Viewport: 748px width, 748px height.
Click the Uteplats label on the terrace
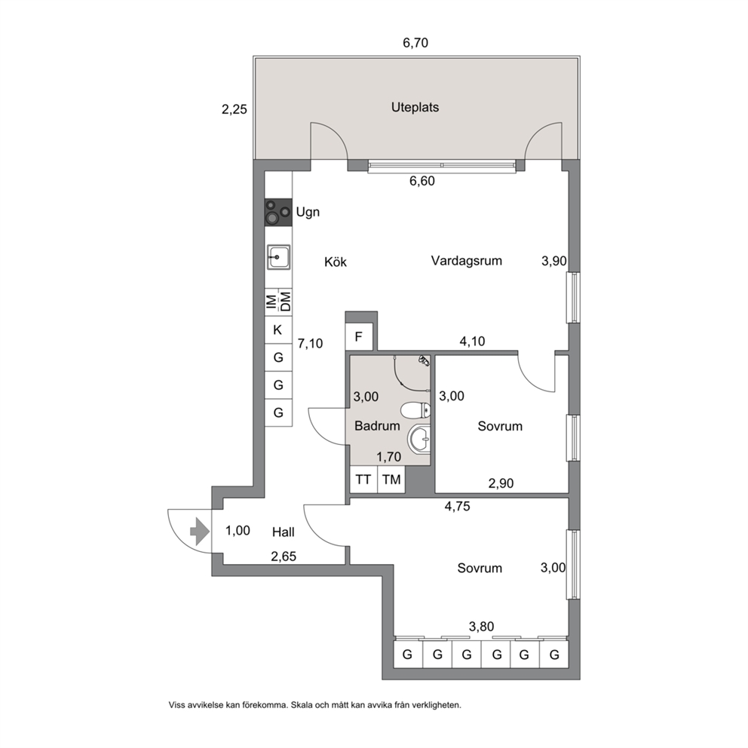(415, 107)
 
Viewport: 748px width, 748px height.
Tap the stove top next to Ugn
(278, 213)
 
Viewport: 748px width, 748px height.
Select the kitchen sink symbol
(278, 257)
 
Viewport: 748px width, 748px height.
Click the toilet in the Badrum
(415, 409)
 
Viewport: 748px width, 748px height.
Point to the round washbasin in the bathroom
(419, 438)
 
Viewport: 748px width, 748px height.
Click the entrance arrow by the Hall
(199, 532)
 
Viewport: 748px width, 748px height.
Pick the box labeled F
(359, 337)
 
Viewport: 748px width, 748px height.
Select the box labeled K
(277, 330)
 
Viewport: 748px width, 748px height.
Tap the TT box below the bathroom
(363, 480)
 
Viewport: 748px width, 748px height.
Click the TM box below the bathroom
(391, 480)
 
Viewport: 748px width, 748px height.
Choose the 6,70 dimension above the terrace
(415, 43)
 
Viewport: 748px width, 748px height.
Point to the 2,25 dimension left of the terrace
(235, 110)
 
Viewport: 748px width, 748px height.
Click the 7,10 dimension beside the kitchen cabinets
(310, 344)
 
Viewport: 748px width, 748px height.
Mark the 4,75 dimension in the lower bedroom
(457, 506)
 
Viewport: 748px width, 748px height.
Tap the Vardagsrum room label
(467, 261)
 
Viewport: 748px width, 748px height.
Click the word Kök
(336, 262)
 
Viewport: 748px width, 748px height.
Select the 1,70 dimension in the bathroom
(388, 457)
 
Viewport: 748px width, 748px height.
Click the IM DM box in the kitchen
(278, 302)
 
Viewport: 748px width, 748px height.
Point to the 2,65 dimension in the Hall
(284, 556)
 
